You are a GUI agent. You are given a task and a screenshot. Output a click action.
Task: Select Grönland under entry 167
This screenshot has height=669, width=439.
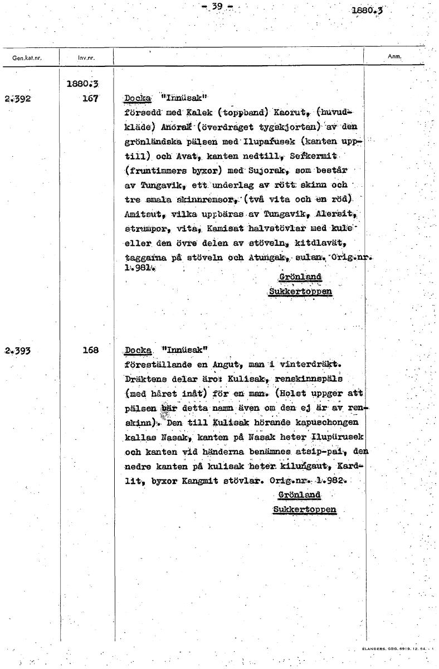click(299, 278)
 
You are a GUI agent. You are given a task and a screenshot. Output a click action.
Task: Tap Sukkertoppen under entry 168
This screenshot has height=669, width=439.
click(304, 510)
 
